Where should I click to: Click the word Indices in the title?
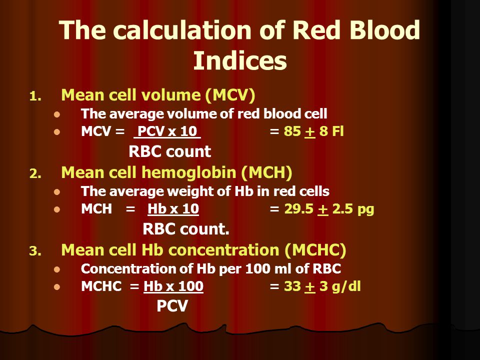pyautogui.click(x=240, y=60)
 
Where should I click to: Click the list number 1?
pyautogui.click(x=35, y=96)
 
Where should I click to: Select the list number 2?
pyautogui.click(x=35, y=174)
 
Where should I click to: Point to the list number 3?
pyautogui.click(x=35, y=251)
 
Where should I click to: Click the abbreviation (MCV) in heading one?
pyautogui.click(x=230, y=95)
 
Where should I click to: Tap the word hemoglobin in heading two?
pyautogui.click(x=188, y=172)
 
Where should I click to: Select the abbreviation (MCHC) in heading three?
pyautogui.click(x=315, y=250)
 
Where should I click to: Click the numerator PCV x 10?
pyautogui.click(x=167, y=131)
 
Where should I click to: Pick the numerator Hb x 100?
pyautogui.click(x=173, y=286)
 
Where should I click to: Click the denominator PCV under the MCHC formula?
pyautogui.click(x=172, y=305)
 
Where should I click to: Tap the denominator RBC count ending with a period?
pyautogui.click(x=186, y=228)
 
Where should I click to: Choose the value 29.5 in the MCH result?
pyautogui.click(x=299, y=209)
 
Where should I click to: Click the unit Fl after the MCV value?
pyautogui.click(x=337, y=131)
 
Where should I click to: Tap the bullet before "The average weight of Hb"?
pyautogui.click(x=57, y=192)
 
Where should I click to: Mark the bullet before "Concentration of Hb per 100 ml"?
pyautogui.click(x=57, y=269)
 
